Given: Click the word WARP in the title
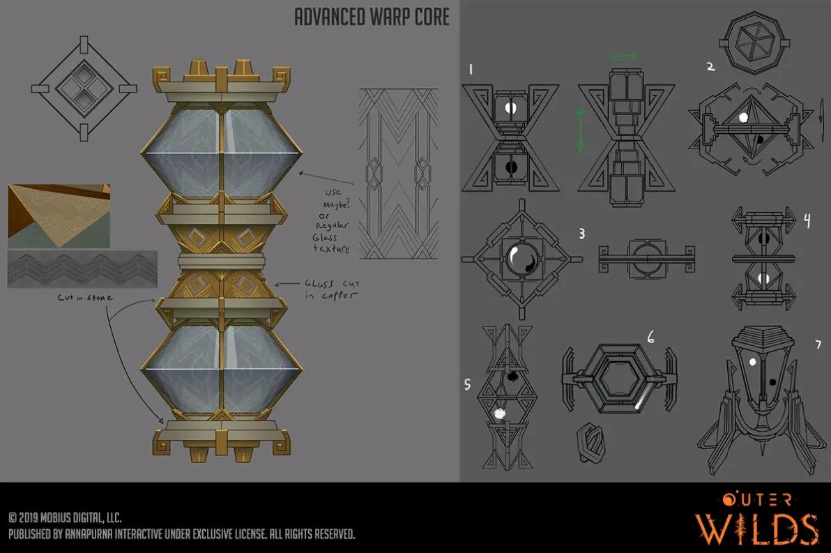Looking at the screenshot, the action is [x=388, y=17].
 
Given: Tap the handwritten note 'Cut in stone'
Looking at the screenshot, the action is [x=85, y=298].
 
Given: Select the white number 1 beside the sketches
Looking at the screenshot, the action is [x=471, y=69].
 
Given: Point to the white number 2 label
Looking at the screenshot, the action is [x=710, y=66].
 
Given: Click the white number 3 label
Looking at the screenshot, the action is [x=581, y=234].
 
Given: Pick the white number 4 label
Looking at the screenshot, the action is [x=807, y=220].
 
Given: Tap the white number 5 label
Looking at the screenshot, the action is [x=467, y=384].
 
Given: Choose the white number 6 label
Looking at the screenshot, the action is [x=651, y=337].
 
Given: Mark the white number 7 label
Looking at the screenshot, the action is [x=818, y=344].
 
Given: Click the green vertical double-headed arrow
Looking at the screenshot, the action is [x=581, y=129].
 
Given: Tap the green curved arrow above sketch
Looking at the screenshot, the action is [x=623, y=56].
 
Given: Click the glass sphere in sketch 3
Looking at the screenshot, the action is [x=521, y=259].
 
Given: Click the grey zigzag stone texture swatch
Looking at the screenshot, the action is [x=82, y=269].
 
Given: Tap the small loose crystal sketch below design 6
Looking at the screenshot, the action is [x=590, y=440].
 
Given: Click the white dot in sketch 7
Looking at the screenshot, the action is [x=752, y=362].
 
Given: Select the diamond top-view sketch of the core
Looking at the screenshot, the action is [x=84, y=89].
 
